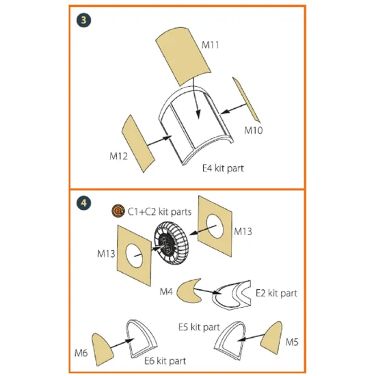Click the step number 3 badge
click(83, 20)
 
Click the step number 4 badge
click(83, 203)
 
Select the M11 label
click(211, 45)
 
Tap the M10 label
click(254, 130)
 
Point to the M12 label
click(118, 156)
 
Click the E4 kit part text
click(223, 168)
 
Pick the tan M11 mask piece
click(183, 56)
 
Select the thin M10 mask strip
click(246, 100)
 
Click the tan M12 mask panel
click(138, 144)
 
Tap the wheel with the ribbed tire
click(171, 243)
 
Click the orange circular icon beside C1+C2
click(118, 211)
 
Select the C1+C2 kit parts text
click(159, 212)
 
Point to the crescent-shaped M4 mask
click(187, 291)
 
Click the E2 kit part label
click(276, 293)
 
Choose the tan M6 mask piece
click(102, 349)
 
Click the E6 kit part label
click(165, 361)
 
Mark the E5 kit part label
click(199, 327)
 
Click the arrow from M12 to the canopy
click(159, 141)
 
